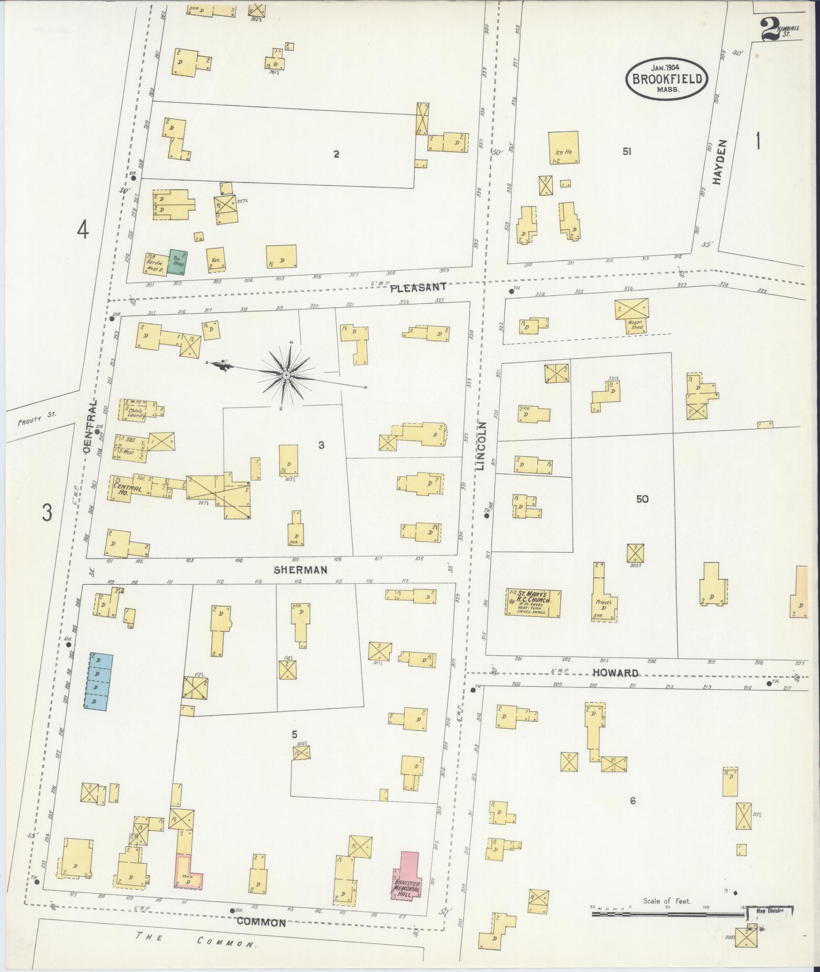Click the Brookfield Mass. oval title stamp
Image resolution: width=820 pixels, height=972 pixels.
click(x=667, y=79)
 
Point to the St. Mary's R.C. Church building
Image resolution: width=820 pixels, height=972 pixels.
click(x=533, y=603)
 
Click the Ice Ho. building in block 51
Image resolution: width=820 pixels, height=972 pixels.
click(x=563, y=148)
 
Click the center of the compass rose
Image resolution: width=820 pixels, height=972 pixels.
click(x=286, y=375)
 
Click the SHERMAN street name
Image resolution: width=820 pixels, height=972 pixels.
click(x=300, y=570)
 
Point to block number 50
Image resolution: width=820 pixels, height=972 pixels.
click(x=642, y=499)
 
